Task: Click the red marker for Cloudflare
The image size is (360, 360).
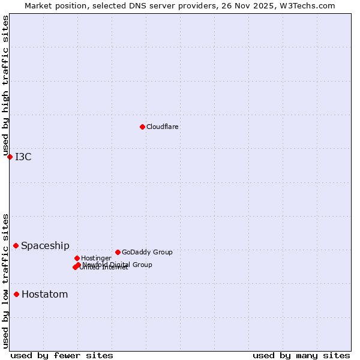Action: (x=142, y=127)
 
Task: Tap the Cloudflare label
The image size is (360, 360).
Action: (x=163, y=127)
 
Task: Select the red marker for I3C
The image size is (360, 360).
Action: (x=10, y=157)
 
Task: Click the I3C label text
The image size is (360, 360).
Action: (x=23, y=157)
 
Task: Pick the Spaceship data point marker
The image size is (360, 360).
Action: (x=16, y=245)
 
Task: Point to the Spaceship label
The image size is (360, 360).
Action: (x=45, y=245)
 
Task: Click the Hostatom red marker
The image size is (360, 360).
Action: (x=16, y=294)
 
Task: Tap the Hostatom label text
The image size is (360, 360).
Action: (x=44, y=294)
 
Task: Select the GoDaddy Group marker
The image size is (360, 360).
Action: (x=118, y=252)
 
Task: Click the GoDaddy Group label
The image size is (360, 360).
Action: (x=147, y=252)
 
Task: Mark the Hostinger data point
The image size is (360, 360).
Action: (x=77, y=258)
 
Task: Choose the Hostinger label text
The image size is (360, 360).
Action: (x=96, y=258)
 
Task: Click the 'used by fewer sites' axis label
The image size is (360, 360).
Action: (x=62, y=355)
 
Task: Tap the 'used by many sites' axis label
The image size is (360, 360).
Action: (x=301, y=355)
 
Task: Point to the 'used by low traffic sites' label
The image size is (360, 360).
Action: (x=5, y=280)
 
